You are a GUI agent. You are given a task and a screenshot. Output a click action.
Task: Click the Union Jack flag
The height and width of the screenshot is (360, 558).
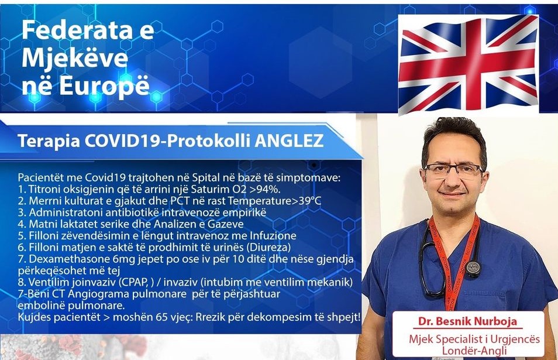pos(469,64)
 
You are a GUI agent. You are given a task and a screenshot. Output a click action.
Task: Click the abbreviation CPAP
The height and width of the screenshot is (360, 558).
pos(136,282)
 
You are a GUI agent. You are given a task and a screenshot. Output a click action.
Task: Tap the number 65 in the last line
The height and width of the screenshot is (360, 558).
pos(162,317)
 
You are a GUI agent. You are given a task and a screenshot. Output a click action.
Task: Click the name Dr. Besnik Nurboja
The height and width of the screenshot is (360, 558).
pos(467,321)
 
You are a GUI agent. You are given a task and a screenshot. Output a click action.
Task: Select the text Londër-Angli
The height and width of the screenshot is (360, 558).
pos(474,351)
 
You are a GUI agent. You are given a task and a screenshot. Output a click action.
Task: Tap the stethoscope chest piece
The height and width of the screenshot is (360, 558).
pos(474,269)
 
